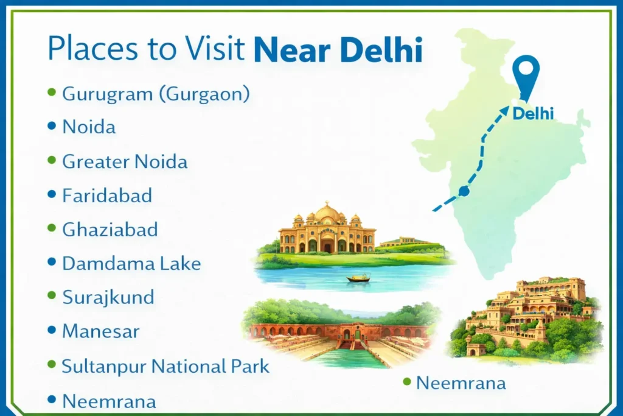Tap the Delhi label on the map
pos(534,114)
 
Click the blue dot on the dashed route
pos(464,191)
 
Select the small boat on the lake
pos(358,278)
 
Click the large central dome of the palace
pos(327,213)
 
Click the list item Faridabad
pos(107,196)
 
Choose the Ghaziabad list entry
pos(110,230)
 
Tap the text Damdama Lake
pos(131,264)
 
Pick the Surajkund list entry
pos(108,298)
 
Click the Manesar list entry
pos(101,331)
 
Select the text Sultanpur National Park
pos(165,366)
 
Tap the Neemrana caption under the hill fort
pos(461,383)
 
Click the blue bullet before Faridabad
pos(52,195)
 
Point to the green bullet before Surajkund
pos(52,297)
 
